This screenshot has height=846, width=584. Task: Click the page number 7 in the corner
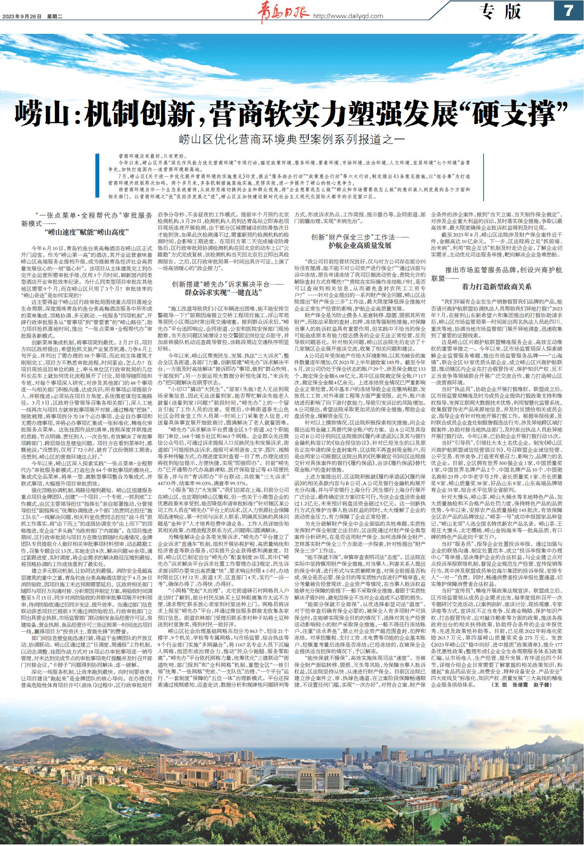point(568,11)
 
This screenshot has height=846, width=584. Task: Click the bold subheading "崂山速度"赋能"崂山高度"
point(87,232)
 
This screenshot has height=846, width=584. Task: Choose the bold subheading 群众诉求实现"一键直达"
point(222,292)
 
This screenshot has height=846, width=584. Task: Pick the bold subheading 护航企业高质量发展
point(359,245)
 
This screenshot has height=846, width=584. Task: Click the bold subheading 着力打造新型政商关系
point(496,287)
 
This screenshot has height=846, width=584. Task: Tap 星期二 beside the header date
point(58,16)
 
